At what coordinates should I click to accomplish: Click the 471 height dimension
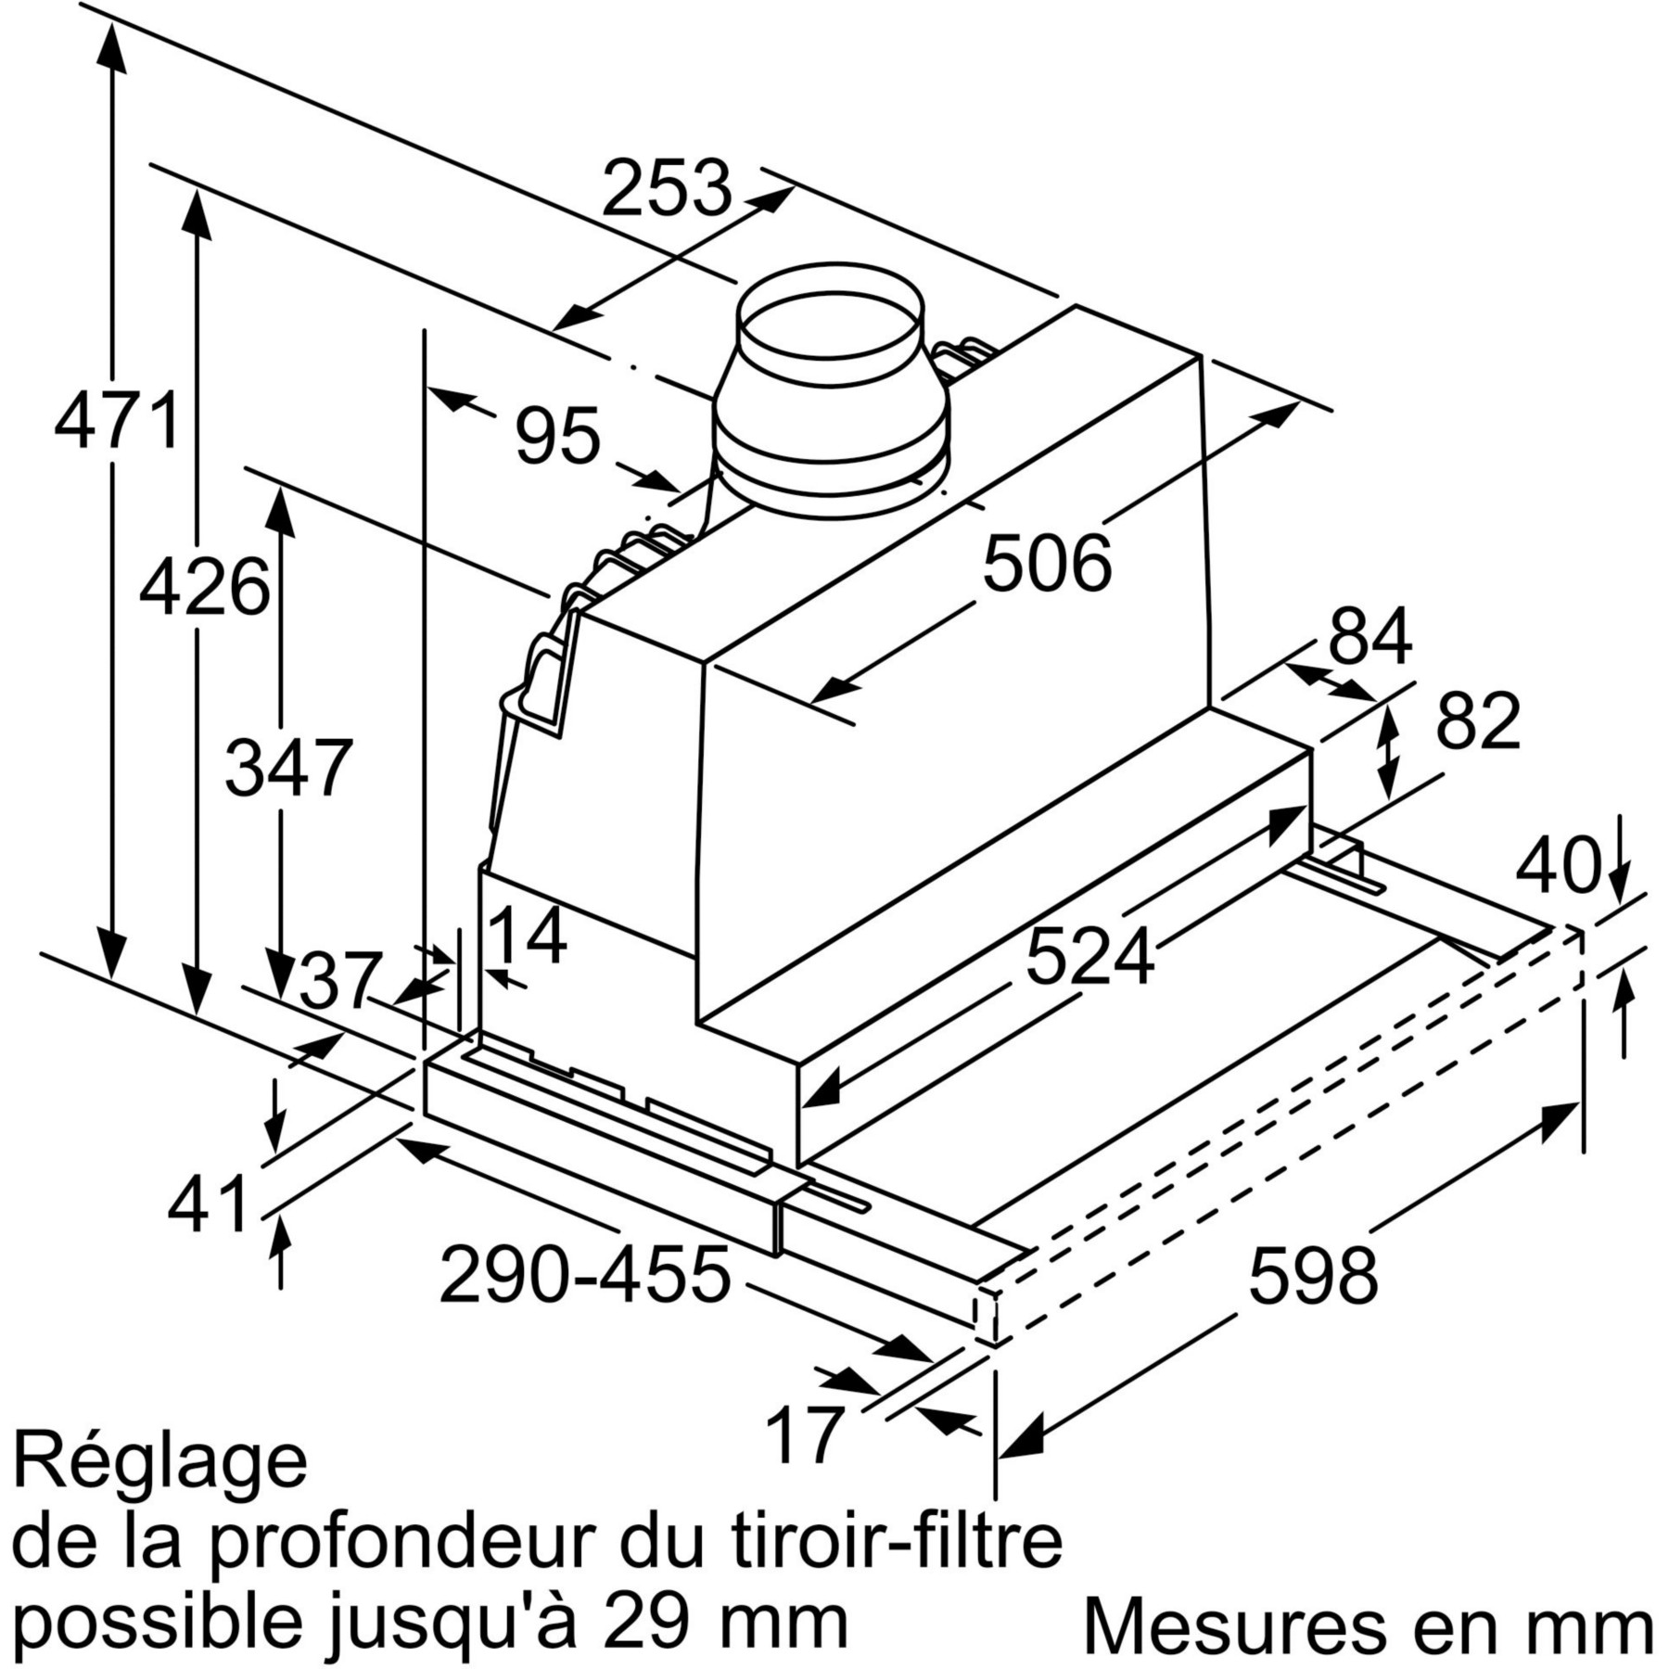coord(117,421)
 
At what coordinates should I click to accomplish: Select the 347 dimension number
coord(288,767)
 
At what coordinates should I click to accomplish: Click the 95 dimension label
coord(558,435)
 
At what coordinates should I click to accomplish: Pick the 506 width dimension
coord(1047,563)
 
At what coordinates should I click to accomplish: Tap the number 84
coord(1370,635)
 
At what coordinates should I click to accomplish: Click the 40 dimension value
coord(1559,866)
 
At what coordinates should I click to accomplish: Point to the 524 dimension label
coord(1090,956)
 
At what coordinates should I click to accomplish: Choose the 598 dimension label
coord(1314,1276)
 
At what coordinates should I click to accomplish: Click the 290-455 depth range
coord(585,1275)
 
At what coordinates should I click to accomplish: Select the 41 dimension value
coord(209,1203)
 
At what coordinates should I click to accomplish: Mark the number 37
coord(340,980)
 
